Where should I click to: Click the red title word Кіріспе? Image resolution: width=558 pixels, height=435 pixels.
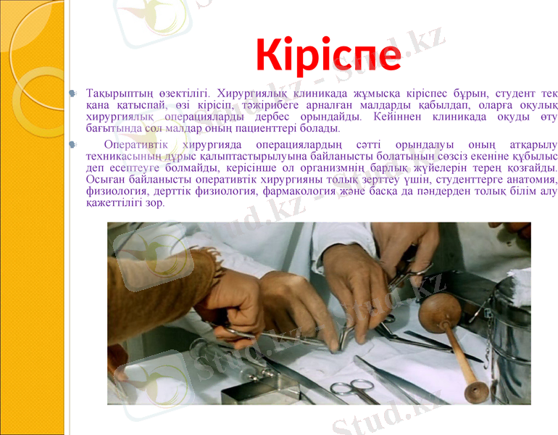coord(328,57)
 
